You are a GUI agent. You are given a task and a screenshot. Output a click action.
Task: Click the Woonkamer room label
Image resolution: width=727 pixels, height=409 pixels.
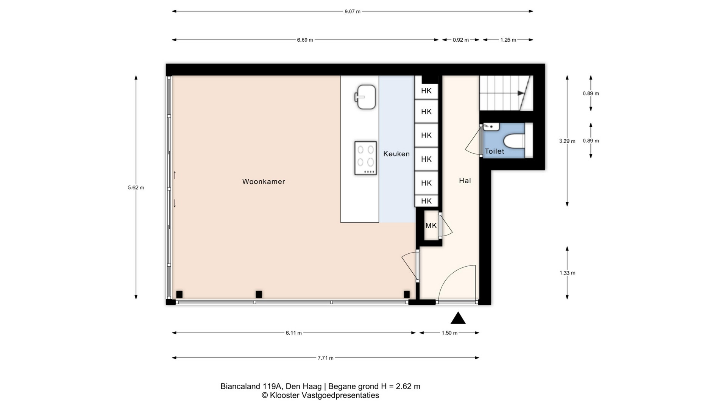tap(264, 182)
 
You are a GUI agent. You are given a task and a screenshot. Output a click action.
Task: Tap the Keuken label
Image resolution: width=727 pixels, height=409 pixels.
tap(396, 154)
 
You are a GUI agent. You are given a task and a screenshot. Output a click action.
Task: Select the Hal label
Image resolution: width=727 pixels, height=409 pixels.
tap(465, 181)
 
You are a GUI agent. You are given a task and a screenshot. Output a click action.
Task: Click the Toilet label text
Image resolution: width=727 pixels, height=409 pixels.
tap(495, 151)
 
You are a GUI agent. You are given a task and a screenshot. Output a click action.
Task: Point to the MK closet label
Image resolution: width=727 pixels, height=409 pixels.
tap(431, 226)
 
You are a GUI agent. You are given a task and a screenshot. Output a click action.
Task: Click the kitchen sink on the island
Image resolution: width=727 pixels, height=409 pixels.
tap(365, 97)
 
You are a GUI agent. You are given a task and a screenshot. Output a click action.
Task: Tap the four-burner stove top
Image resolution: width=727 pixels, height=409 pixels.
tap(366, 158)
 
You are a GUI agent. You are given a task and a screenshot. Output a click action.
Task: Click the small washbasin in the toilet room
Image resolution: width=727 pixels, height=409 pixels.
tap(491, 126)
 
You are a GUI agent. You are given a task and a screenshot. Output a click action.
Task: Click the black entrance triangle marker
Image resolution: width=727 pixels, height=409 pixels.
tap(458, 318)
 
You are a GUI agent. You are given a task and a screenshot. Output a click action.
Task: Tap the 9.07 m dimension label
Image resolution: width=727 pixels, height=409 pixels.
tap(353, 11)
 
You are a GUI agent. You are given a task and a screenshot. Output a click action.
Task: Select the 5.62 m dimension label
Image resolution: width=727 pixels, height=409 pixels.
tap(136, 187)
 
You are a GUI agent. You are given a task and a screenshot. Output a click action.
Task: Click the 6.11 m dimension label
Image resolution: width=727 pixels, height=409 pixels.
tap(294, 333)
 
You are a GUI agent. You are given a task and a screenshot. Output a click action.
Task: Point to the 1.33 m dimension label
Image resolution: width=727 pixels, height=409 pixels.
tap(567, 273)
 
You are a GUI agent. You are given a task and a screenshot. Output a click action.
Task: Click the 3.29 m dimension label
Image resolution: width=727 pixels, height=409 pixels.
tap(567, 141)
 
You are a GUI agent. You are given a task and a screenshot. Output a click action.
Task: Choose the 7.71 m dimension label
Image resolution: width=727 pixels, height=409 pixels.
tap(326, 358)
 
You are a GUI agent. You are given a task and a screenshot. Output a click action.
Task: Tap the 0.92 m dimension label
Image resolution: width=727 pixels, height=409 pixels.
tap(461, 40)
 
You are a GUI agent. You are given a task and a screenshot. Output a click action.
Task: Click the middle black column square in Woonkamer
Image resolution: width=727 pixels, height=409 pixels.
tap(259, 294)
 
